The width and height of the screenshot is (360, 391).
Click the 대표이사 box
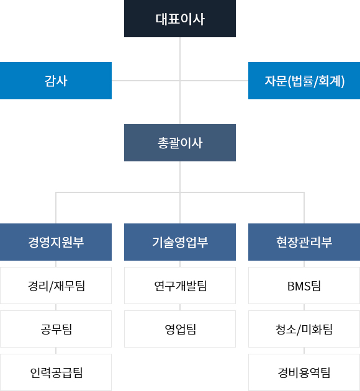180,19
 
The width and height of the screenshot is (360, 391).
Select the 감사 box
56,81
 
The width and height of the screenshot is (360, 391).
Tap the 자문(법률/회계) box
304,81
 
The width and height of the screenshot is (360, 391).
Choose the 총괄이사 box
180,143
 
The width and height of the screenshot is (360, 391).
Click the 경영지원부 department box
56,242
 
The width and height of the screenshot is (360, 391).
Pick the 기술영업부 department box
180,242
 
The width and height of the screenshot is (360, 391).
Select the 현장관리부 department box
304,242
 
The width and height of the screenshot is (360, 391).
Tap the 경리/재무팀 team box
56,285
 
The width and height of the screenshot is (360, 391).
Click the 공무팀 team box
56,329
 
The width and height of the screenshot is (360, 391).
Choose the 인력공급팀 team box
56,372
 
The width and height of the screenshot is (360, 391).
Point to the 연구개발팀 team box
180,285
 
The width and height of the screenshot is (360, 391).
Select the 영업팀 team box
180,329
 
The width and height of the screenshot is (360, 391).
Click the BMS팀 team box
304,285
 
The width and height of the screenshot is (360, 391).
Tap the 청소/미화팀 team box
304,329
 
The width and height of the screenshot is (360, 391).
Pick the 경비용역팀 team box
304,372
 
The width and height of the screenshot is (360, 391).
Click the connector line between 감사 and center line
146,81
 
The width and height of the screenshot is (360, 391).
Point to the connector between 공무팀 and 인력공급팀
56,351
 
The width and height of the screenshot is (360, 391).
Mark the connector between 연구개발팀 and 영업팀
180,307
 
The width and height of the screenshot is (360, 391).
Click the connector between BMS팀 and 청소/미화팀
304,307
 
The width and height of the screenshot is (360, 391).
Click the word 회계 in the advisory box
330,81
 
